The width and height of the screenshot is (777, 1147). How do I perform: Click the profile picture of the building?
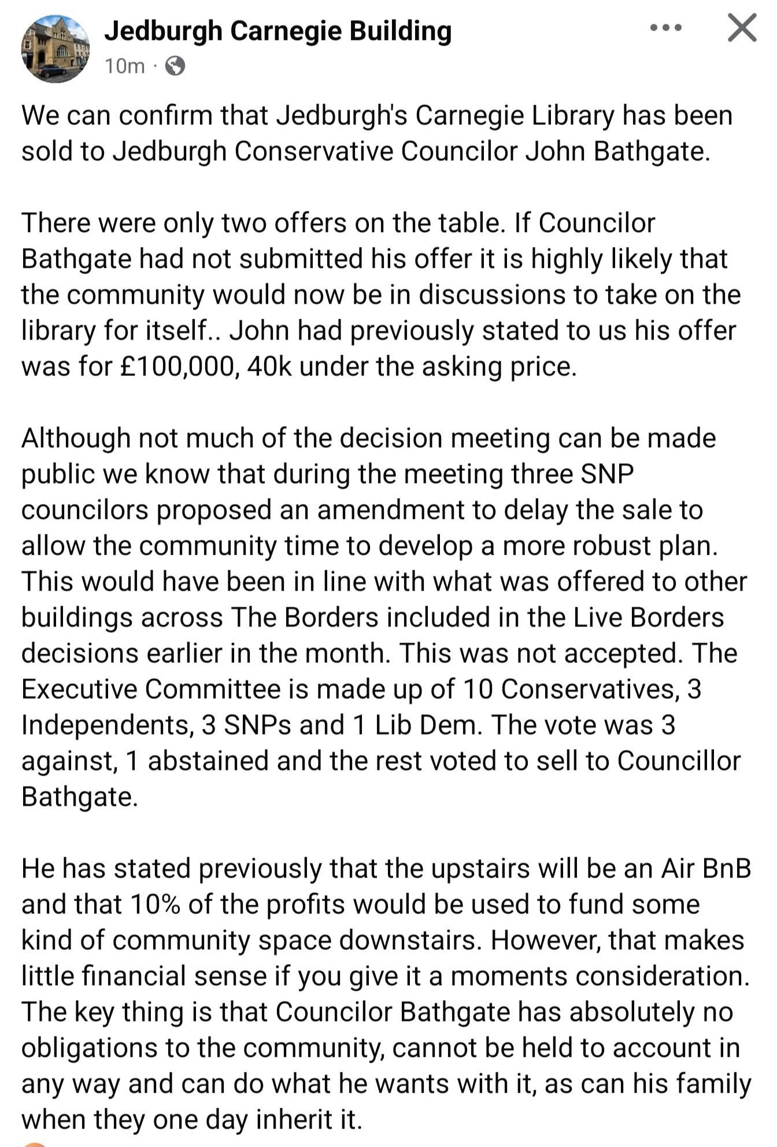click(55, 49)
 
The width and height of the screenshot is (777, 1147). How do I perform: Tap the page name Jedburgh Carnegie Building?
click(277, 31)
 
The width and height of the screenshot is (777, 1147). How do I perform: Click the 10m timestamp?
click(124, 67)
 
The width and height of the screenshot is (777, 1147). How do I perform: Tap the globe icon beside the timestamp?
click(175, 67)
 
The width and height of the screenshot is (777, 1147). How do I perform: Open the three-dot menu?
click(665, 27)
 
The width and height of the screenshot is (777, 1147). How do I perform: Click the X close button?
click(742, 28)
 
